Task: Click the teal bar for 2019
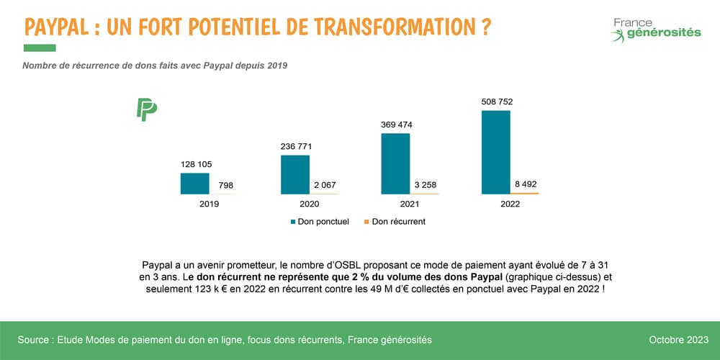point(194,184)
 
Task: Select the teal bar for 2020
point(295,174)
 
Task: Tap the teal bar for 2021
point(395,163)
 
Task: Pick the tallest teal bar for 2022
point(495,152)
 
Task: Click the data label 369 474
point(396,125)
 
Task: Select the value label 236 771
point(296,147)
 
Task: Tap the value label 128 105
point(196,165)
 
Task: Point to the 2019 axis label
point(210,204)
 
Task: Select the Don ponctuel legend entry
point(320,222)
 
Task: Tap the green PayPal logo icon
point(147,109)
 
